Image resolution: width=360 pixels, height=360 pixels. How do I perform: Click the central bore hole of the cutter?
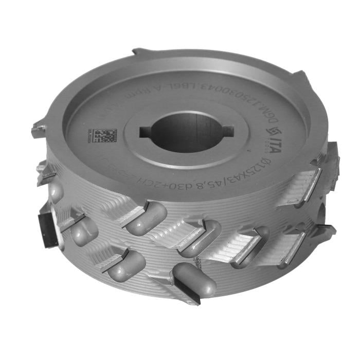pyautogui.click(x=186, y=133)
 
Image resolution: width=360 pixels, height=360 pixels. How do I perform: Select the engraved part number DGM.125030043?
pyautogui.click(x=242, y=93)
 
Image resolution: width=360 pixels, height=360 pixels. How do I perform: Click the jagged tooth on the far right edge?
pyautogui.click(x=332, y=154)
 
